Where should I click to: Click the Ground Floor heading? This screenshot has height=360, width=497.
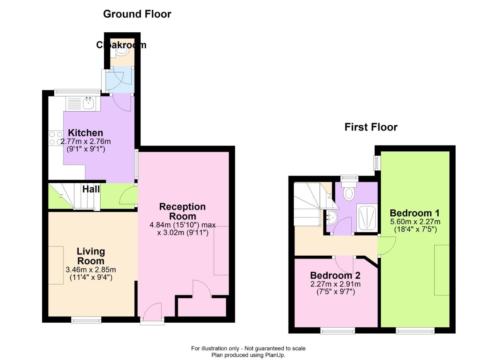(x=137, y=14)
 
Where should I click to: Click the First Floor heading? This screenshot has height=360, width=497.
(x=370, y=127)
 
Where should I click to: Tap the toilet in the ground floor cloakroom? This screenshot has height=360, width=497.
(x=122, y=50)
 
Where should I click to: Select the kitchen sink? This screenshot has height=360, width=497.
(x=88, y=104)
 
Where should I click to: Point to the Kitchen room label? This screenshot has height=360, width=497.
(x=86, y=133)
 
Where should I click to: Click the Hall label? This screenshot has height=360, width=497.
(x=91, y=189)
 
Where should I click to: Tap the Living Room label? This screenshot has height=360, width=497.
(x=90, y=256)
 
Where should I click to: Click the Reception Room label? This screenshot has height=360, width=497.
(x=182, y=211)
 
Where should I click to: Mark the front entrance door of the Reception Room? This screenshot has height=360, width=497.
(x=152, y=313)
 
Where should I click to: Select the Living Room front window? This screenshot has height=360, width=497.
(x=86, y=320)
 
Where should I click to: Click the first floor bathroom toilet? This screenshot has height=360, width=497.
(x=349, y=192)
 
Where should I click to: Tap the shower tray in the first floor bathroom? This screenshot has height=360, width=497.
(x=367, y=218)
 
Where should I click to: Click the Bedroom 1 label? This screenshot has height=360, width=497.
(x=414, y=213)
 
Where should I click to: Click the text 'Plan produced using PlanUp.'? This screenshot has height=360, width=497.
(x=248, y=355)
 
